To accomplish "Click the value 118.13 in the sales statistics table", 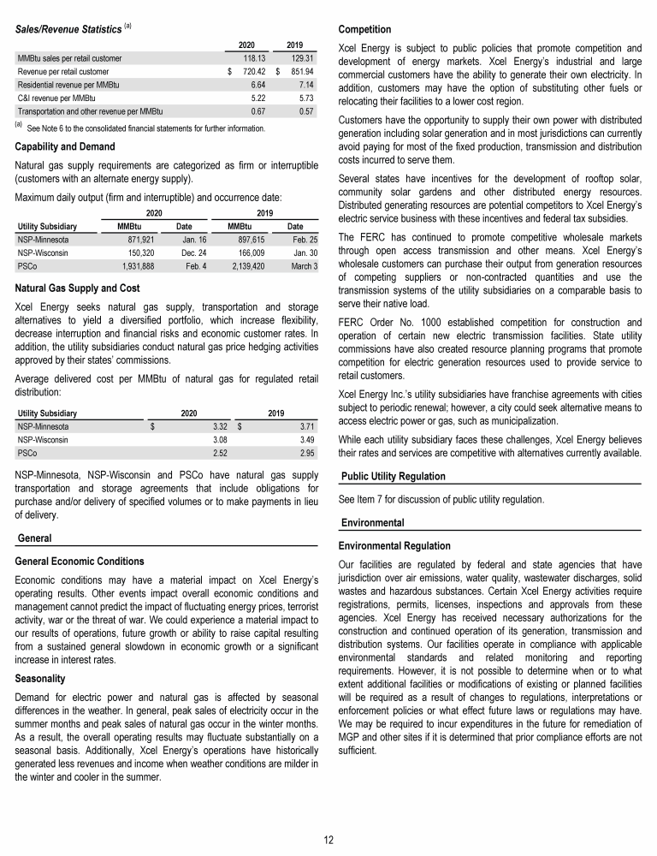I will [x=246, y=57].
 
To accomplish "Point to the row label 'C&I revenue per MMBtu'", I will [x=56, y=98].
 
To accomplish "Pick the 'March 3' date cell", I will [x=304, y=267].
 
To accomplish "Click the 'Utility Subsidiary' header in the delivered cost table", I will [x=47, y=412].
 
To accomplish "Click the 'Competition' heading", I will [x=365, y=29].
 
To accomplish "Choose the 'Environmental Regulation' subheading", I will [x=394, y=545].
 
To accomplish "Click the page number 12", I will [x=328, y=838].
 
